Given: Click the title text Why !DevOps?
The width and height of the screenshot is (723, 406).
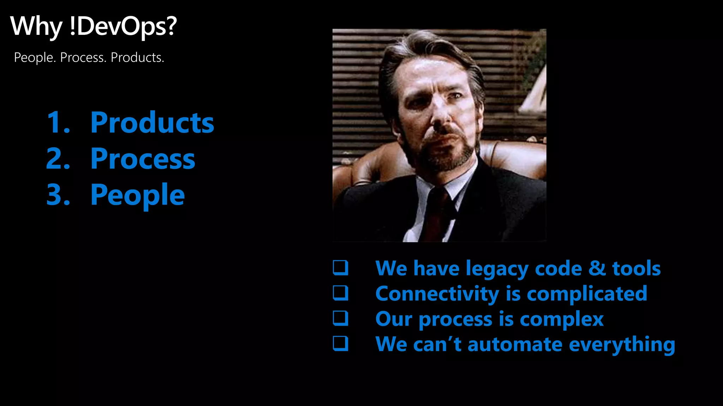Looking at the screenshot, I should [x=93, y=26].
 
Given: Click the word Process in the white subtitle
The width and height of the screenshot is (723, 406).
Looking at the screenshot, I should [x=83, y=57].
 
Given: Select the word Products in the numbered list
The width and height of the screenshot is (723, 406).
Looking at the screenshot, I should [x=152, y=122].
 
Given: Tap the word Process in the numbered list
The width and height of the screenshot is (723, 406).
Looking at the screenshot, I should [x=143, y=159].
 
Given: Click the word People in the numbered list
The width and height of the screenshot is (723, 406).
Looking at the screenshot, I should [x=137, y=195].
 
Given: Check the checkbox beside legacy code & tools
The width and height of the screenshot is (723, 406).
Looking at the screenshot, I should [x=341, y=268].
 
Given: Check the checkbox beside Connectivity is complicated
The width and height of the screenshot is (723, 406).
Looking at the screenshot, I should [x=341, y=293].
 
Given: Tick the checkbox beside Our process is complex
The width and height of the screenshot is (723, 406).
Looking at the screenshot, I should [x=341, y=318].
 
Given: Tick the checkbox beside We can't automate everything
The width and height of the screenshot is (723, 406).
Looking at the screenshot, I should [x=341, y=344].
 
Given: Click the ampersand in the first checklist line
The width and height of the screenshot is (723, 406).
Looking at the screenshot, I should [x=597, y=268].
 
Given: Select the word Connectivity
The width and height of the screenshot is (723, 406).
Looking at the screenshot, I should [x=437, y=294].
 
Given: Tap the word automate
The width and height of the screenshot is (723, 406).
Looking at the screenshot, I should [x=515, y=344].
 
